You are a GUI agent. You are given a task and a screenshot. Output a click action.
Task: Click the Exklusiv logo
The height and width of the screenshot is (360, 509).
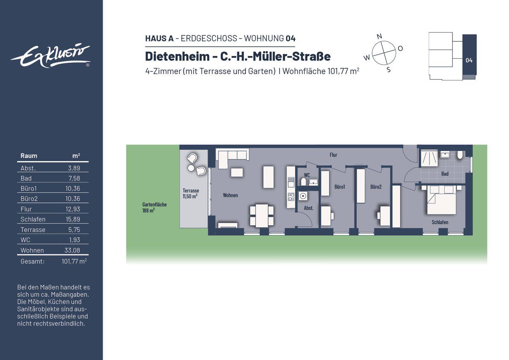coord(50,56)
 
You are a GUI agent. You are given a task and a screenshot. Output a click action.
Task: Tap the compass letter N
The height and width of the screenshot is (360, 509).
coord(379,36)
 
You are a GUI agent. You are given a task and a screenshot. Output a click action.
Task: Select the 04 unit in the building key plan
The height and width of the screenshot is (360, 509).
coord(469,60)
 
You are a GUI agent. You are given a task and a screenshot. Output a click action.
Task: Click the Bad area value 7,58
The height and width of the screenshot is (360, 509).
coord(74,178)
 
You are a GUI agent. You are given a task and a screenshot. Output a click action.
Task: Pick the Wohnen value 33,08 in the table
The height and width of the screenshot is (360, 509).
coord(72,250)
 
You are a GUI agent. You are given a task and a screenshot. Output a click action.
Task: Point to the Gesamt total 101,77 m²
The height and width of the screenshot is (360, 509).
coord(74,261)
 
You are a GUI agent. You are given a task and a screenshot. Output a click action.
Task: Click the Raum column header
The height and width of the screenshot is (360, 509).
coord(29,156)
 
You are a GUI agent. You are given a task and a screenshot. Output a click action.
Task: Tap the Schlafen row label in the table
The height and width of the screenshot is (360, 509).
coord(33,219)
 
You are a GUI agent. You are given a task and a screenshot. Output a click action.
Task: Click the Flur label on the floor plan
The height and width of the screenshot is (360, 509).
coord(333,155)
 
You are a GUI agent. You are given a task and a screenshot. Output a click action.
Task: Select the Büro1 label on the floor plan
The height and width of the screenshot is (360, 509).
coord(339,187)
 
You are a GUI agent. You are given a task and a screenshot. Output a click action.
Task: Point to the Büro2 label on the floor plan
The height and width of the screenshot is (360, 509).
coord(376,187)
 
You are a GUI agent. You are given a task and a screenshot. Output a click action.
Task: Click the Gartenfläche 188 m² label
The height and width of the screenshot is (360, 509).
coord(154,207)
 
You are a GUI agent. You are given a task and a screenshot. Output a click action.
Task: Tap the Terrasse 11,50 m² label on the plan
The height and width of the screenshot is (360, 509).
coord(190,193)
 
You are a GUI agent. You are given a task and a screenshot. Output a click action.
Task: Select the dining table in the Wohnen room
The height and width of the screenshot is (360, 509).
coord(262,215)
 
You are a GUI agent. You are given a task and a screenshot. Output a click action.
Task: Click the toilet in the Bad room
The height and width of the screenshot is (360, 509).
coord(460,155)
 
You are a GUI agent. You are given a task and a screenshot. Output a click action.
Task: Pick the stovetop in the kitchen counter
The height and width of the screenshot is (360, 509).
coord(291,197)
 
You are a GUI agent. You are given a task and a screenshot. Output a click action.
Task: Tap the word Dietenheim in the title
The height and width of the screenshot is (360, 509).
coord(177,56)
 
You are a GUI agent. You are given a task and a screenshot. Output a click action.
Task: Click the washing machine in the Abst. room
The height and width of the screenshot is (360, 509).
coord(303,196)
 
